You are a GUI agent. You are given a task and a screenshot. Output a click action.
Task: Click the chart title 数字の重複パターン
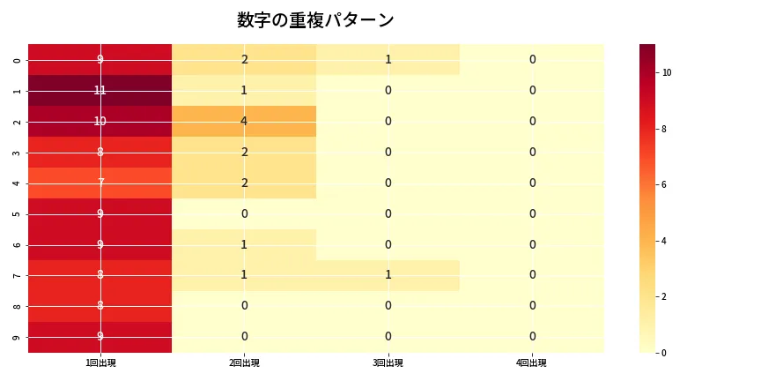(315, 20)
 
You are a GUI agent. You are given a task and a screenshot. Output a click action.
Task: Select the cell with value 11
(100, 90)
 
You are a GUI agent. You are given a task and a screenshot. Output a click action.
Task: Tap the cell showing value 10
(100, 121)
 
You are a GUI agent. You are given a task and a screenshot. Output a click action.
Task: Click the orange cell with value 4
(244, 121)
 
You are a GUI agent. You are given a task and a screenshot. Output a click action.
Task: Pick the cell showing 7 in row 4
(100, 183)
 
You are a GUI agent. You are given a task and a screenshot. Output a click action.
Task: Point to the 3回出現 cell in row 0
(388, 59)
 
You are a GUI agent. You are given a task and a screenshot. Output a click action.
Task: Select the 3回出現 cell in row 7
(388, 275)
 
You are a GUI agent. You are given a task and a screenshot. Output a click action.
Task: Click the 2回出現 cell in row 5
(244, 213)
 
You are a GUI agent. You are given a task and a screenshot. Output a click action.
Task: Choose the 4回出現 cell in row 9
(532, 337)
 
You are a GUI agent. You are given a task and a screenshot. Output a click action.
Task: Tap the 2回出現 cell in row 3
(244, 152)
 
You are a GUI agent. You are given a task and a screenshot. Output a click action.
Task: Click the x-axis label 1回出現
(100, 363)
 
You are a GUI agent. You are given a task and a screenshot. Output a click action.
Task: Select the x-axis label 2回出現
(244, 363)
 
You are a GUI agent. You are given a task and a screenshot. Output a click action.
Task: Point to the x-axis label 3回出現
(388, 363)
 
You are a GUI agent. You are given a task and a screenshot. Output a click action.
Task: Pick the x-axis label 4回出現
(532, 363)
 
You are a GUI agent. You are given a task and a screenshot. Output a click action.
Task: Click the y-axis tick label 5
(17, 213)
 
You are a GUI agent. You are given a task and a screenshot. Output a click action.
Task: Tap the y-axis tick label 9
(17, 337)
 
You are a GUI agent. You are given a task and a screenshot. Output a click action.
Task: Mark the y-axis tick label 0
(17, 59)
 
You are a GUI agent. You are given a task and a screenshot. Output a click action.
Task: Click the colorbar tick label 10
(667, 72)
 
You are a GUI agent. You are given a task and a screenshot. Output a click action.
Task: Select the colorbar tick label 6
(664, 184)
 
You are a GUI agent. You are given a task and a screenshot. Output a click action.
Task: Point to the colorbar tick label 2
(664, 296)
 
